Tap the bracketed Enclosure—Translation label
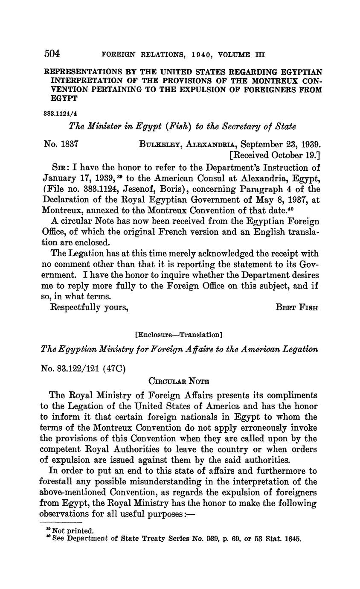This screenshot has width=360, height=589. click(x=179, y=335)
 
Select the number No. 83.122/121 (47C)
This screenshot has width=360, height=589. click(x=83, y=368)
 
